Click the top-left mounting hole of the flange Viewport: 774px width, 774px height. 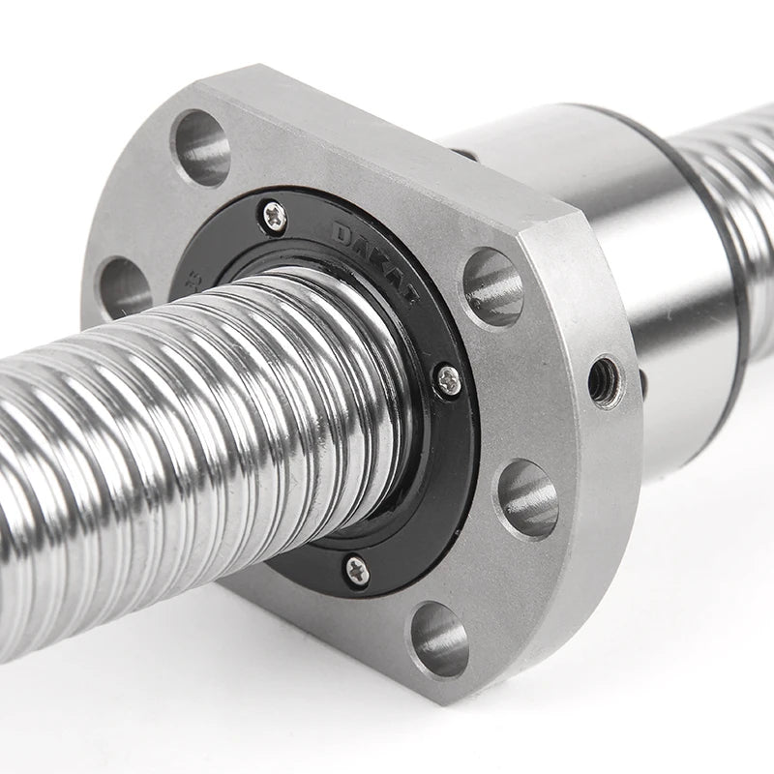(201, 146)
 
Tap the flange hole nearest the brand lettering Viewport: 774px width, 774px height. (492, 284)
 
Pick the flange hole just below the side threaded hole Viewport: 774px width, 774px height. (527, 497)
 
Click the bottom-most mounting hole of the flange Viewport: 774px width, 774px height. (439, 639)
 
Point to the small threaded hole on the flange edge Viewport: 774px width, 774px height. (604, 378)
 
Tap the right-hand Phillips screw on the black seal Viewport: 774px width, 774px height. (447, 380)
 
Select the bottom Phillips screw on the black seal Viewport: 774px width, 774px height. (356, 570)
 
